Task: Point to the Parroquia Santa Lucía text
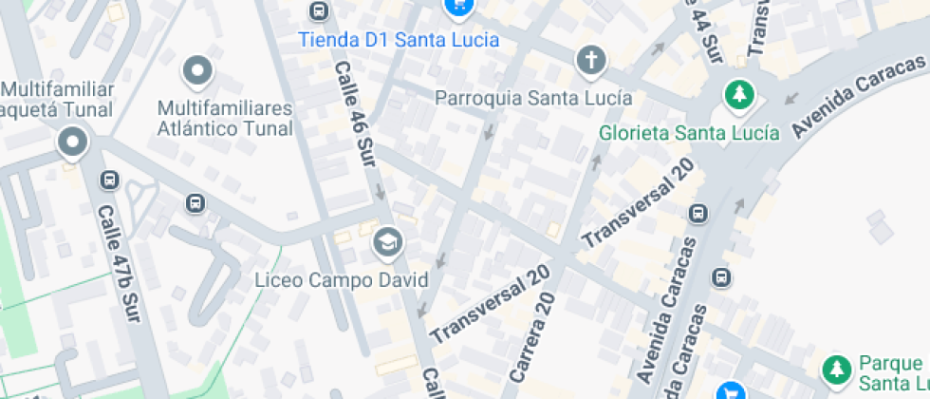[x=533, y=98]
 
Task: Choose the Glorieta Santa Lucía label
[x=689, y=133]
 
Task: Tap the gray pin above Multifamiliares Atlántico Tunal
[x=197, y=69]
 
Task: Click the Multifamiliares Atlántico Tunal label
[x=225, y=116]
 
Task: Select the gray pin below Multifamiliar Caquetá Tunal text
[x=72, y=143]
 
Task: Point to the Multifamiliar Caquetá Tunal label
[x=57, y=99]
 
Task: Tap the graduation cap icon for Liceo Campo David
[x=386, y=244]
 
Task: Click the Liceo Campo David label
[x=342, y=280]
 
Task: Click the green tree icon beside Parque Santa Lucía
[x=836, y=370]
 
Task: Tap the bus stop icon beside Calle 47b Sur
[x=110, y=180]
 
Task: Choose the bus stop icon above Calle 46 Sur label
[x=319, y=11]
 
